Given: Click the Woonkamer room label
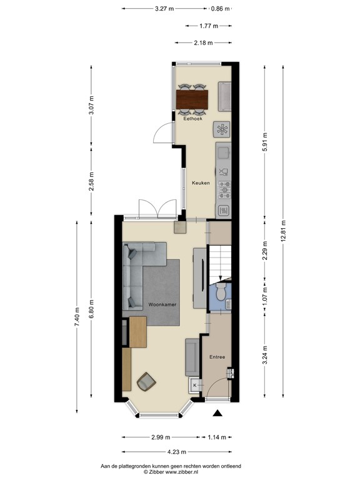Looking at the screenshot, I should pos(161,304).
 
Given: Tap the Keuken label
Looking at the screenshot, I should pos(201,183).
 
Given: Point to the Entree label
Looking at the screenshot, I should pos(217,357).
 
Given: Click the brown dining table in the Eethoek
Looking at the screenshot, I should pos(192,99).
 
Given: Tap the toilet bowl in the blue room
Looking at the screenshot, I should pos(220,292).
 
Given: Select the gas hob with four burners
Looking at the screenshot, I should pos(223,186).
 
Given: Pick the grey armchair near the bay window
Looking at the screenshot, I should pos(147,381).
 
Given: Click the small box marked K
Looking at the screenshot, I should pos(194,386).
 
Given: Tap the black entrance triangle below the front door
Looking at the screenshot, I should pos(217,413).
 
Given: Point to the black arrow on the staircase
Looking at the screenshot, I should pos(220,278).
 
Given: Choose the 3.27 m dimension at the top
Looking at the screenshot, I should pos(165,9).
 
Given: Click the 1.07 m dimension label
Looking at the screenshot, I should pos(265,294).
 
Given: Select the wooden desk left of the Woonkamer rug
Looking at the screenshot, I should pos(137,332).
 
